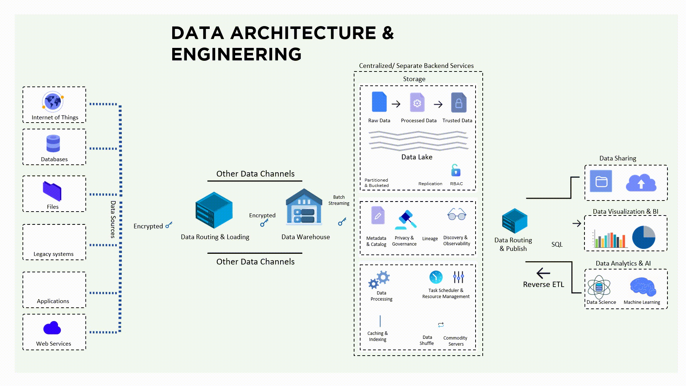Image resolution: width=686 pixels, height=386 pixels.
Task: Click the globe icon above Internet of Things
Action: pos(53,102)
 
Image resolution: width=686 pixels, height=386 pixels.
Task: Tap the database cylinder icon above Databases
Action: pos(53,144)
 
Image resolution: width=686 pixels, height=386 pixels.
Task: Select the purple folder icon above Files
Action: pos(52,191)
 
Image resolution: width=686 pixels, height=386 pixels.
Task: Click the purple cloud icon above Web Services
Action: pos(52,328)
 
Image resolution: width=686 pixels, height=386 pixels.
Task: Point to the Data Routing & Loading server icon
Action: pos(214,210)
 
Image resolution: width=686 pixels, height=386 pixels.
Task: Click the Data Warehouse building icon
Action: pos(304,207)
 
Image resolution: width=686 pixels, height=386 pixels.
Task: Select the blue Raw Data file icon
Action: pos(379,102)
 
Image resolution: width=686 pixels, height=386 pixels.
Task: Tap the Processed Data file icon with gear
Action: pos(417,103)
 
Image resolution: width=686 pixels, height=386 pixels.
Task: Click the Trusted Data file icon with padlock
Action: pos(459,103)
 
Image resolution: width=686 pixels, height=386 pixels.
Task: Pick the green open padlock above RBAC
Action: pos(456,170)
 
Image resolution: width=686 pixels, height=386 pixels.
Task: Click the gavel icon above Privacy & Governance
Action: pos(406,219)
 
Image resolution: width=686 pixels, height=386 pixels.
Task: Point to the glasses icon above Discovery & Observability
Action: pos(457,214)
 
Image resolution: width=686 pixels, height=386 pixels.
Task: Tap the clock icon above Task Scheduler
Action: pos(436,277)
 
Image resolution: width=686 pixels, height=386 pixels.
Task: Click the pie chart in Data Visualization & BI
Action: pos(643,237)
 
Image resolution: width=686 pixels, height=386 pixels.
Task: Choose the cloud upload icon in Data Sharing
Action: pos(641,183)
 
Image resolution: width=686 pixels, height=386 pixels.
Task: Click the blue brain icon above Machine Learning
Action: pos(643,287)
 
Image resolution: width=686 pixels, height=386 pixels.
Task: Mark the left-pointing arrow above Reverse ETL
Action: pos(543,274)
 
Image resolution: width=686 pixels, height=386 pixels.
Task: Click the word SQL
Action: pos(557,244)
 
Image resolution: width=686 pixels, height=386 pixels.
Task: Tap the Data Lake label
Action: pos(417,157)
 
